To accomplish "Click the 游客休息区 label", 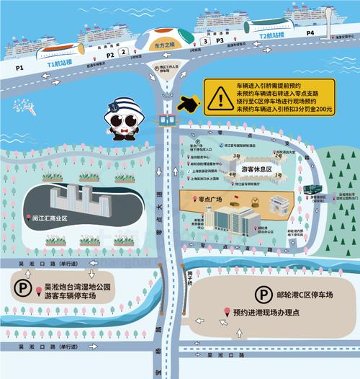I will [258, 169].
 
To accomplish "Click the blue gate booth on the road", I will [167, 119].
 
